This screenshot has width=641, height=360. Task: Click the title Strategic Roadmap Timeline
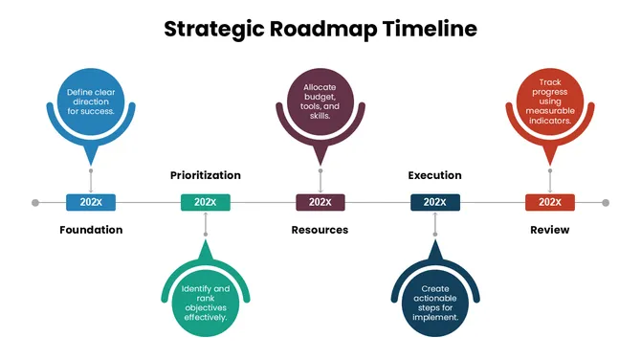pyautogui.click(x=320, y=29)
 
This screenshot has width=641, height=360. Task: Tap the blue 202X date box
pyautogui.click(x=91, y=202)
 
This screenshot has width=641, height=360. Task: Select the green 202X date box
pyautogui.click(x=205, y=202)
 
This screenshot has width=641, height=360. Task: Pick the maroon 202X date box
pyautogui.click(x=320, y=202)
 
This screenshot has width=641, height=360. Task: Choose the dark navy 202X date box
pyautogui.click(x=434, y=202)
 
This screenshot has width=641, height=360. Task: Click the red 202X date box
pyautogui.click(x=549, y=202)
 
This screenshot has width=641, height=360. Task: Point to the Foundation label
pyautogui.click(x=91, y=230)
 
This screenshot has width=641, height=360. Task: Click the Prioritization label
pyautogui.click(x=205, y=175)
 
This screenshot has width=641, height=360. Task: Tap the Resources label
pyautogui.click(x=320, y=230)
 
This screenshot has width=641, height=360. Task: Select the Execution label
pyautogui.click(x=434, y=175)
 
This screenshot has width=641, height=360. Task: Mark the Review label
pyautogui.click(x=549, y=230)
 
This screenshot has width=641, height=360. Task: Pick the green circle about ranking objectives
pyautogui.click(x=205, y=303)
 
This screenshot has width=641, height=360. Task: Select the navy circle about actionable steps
pyautogui.click(x=434, y=303)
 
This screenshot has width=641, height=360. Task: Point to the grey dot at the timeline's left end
pyautogui.click(x=35, y=203)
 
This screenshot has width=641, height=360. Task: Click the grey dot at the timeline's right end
pyautogui.click(x=606, y=203)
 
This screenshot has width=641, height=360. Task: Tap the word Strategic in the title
pyautogui.click(x=210, y=29)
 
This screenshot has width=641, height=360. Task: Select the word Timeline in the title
pyautogui.click(x=430, y=29)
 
